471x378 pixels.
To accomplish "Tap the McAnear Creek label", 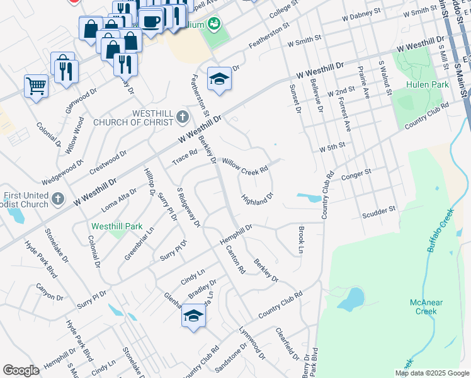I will coord(426,307).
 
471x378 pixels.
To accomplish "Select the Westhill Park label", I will coord(116,226).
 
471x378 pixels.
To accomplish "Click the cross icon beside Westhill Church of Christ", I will coord(183,117).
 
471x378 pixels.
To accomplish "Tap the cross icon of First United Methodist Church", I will coord(57,200).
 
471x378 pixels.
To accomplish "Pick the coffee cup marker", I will coord(151,20).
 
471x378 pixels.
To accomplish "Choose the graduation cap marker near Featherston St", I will coord(219,79).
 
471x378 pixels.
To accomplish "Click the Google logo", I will coord(21,370).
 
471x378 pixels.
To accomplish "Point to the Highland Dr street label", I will coord(257,199).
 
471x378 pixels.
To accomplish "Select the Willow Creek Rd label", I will coord(245,167).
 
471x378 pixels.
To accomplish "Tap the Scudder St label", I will coord(378,213).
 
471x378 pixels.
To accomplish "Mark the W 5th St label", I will coord(332,147).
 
